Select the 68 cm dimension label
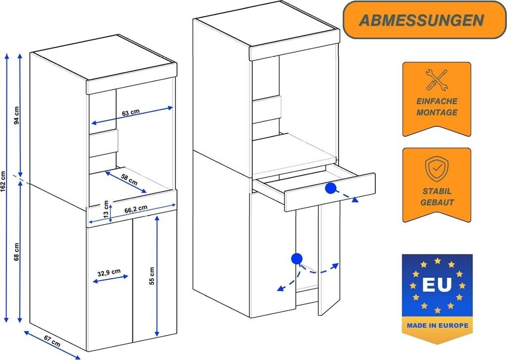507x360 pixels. [16, 252]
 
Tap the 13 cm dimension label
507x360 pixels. [105, 207]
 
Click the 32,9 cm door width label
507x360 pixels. [109, 272]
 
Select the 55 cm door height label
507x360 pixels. [152, 276]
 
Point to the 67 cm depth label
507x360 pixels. [51, 342]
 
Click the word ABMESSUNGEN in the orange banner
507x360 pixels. [421, 20]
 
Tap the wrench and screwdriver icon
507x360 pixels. [436, 79]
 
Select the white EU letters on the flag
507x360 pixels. [437, 285]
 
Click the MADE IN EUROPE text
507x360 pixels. [437, 326]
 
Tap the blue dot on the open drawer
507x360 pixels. [330, 188]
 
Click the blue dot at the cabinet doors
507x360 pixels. [297, 258]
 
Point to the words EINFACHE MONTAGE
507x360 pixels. [436, 107]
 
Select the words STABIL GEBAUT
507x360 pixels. [436, 197]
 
